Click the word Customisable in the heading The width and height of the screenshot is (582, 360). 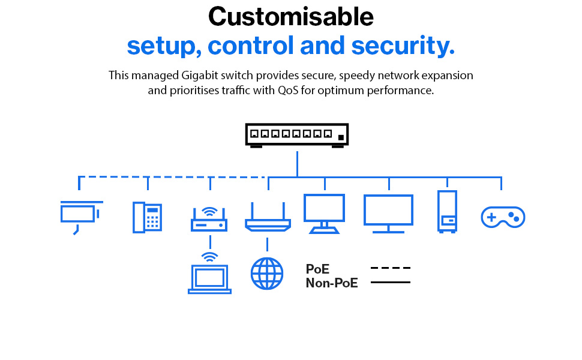coord(291,17)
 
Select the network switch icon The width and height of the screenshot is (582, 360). coord(297,135)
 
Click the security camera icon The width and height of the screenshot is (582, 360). coord(80,214)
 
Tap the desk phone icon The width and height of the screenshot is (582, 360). coord(148,217)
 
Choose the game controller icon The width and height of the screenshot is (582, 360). coord(503,217)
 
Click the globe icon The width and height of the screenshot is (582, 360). coord(266,274)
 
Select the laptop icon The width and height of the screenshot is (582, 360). coord(209,279)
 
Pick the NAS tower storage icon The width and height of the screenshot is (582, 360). coord(447,211)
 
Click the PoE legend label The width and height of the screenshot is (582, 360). coord(317,269)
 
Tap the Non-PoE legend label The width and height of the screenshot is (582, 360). coord(332,283)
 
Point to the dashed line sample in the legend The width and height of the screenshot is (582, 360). coord(390,268)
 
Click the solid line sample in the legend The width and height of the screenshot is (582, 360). coord(390,282)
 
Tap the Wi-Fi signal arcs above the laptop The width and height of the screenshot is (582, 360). coord(209,257)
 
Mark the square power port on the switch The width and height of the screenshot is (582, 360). coord(341,137)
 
